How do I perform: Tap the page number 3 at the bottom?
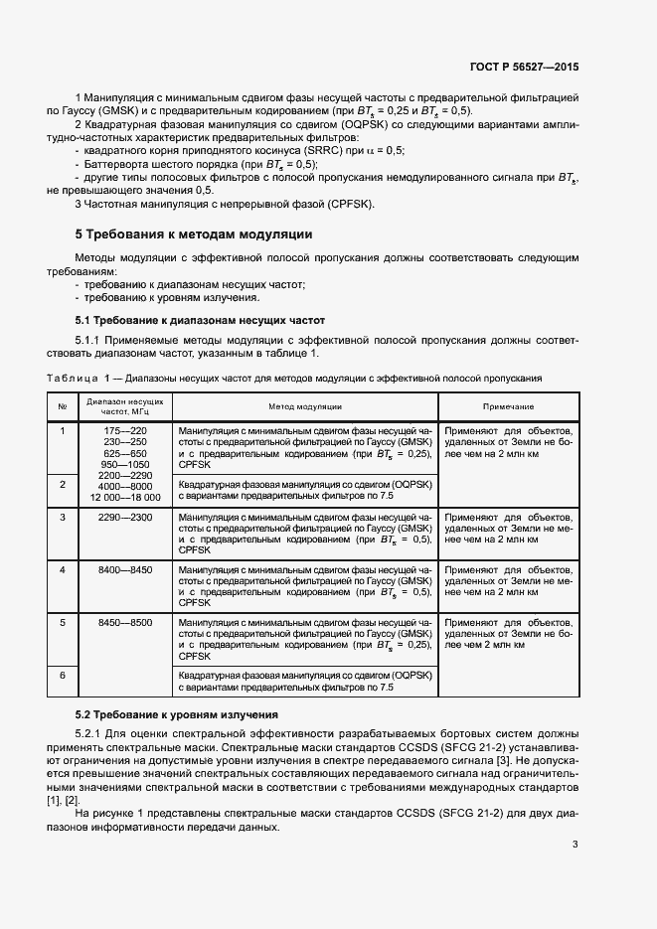tap(575, 845)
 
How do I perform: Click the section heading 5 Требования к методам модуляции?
tap(194, 235)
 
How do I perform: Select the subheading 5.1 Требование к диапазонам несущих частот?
tap(201, 320)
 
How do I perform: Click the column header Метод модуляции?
tap(305, 407)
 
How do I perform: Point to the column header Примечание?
tap(508, 407)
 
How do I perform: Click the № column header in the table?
tap(62, 407)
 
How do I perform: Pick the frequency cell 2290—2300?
tap(125, 518)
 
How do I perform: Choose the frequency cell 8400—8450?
tap(125, 569)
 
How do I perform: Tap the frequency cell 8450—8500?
tap(125, 622)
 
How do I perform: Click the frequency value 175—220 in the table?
tap(125, 430)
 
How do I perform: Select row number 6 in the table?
tap(62, 675)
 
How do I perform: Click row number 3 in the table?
tap(62, 518)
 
